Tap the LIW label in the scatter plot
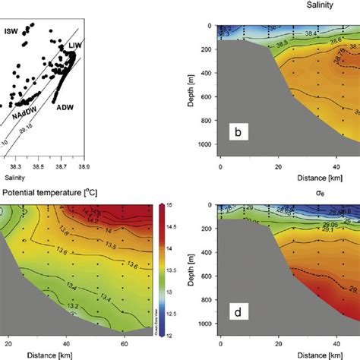[76, 47]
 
